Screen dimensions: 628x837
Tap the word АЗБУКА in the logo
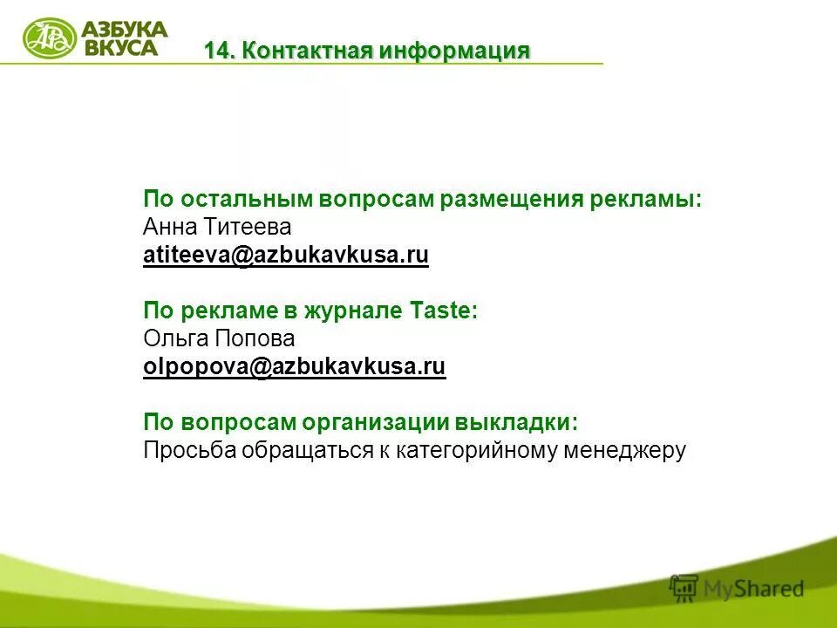[124, 30]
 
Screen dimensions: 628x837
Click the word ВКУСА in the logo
[121, 48]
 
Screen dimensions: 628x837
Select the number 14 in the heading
[218, 51]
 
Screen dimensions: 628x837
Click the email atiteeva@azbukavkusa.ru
[286, 256]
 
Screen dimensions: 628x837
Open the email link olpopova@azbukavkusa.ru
[295, 367]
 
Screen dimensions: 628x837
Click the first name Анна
[172, 228]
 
